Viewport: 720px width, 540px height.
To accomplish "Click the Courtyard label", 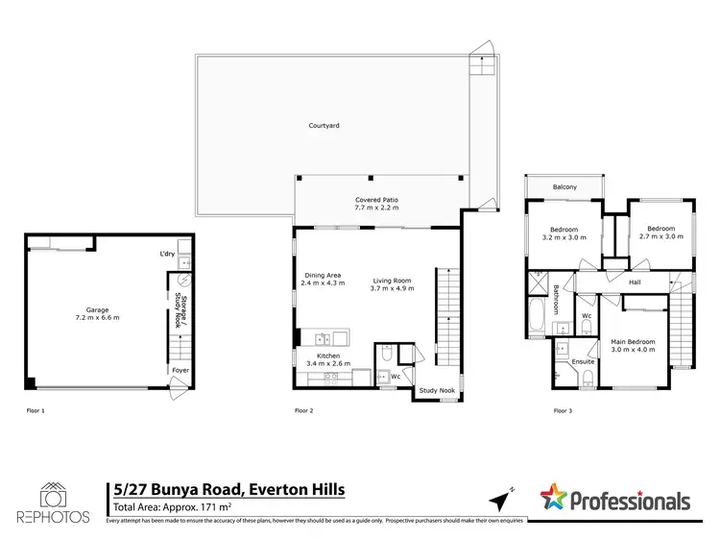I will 324,126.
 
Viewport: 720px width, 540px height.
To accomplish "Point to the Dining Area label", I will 322,280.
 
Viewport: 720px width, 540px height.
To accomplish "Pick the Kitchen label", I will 327,359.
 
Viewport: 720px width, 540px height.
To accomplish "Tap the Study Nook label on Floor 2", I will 435,391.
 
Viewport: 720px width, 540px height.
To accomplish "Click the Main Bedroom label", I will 635,346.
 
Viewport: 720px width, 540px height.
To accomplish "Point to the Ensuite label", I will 584,361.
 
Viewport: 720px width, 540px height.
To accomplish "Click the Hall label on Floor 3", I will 635,282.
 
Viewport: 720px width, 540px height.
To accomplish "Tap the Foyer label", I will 180,370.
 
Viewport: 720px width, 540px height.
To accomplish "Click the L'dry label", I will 167,255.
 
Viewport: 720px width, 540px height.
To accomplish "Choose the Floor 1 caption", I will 36,410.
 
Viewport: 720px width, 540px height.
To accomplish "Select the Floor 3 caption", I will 563,410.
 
